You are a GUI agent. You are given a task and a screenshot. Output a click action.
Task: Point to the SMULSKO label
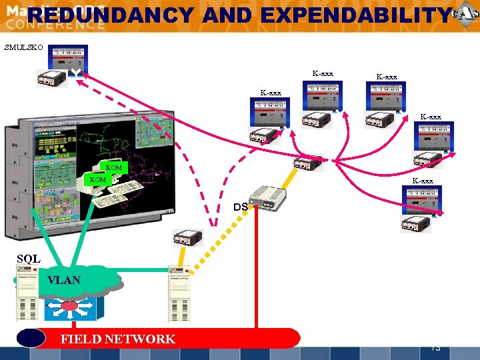pos(23,47)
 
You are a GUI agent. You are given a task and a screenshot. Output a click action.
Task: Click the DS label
pos(241,207)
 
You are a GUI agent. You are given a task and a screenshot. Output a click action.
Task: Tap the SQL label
pos(29,259)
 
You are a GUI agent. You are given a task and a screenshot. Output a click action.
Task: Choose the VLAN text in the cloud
pos(64,280)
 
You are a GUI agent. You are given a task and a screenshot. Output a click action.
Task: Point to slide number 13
pos(436,347)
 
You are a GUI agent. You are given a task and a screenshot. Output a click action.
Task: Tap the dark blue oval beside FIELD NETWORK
pos(31,338)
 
